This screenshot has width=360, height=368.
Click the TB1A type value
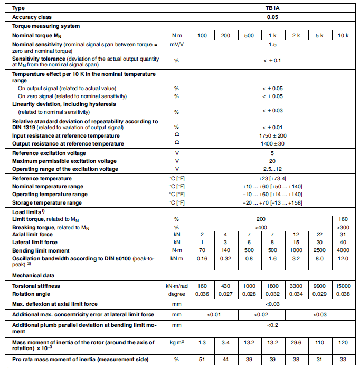(272, 8)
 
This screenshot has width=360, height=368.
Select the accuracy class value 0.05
(272, 17)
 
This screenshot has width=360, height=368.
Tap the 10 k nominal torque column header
(343, 35)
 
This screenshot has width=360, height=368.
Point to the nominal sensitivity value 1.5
(272, 46)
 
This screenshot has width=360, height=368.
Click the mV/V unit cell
(177, 46)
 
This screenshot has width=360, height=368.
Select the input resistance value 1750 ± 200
(272, 135)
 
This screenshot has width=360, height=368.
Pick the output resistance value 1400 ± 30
(272, 143)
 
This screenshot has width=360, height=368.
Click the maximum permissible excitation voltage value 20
(272, 161)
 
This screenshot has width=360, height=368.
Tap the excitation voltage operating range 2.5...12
(272, 169)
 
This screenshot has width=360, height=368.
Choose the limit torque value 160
(343, 218)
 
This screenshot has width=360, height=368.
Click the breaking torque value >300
(343, 227)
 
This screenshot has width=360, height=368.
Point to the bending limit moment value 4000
(343, 250)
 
